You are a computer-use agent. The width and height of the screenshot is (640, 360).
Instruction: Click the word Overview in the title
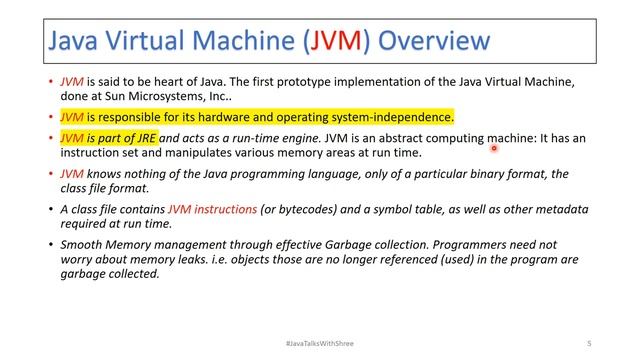click(x=435, y=40)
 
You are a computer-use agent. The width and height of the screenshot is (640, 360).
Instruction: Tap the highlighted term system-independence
click(x=397, y=117)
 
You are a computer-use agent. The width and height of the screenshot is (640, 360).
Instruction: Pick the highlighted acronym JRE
click(x=144, y=138)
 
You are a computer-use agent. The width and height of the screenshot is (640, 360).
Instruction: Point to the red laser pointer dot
click(x=494, y=148)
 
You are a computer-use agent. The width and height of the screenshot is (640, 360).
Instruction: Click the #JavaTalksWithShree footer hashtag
click(x=320, y=343)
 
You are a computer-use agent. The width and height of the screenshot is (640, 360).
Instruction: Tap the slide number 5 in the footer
click(x=589, y=343)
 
